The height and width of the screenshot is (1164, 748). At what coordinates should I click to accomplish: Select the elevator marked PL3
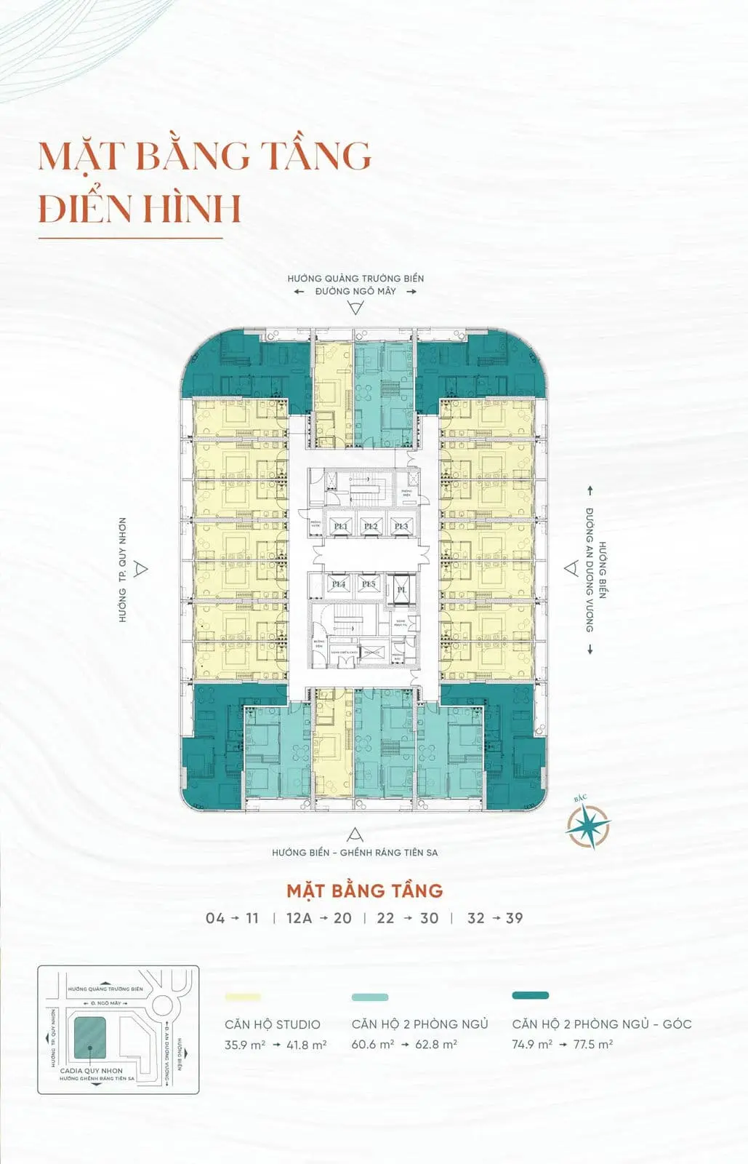point(401,527)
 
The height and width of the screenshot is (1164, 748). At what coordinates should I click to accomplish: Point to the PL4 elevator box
point(338,584)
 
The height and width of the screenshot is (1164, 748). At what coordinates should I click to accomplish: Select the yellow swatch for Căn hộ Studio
point(243,997)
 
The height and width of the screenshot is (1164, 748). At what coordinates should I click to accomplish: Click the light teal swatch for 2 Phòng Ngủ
point(370,997)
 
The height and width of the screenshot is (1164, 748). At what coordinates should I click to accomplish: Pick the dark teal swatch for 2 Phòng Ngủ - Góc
point(530,995)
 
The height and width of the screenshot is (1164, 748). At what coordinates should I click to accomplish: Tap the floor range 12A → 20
point(318,918)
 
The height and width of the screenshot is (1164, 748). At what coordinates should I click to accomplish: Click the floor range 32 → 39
point(495,918)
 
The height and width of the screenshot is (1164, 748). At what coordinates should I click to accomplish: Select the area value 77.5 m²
point(593,1044)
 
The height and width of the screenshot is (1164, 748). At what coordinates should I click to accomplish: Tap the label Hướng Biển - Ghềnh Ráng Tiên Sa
point(355,852)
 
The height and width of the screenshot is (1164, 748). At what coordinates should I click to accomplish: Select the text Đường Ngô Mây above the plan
point(355,291)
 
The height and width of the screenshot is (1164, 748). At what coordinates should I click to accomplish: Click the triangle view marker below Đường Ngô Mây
point(355,308)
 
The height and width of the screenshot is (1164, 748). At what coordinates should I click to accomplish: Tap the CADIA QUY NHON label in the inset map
point(92,1071)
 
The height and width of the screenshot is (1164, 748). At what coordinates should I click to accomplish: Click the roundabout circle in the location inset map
point(162,1006)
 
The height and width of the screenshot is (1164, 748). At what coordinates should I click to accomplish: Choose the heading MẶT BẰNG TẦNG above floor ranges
point(364,890)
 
